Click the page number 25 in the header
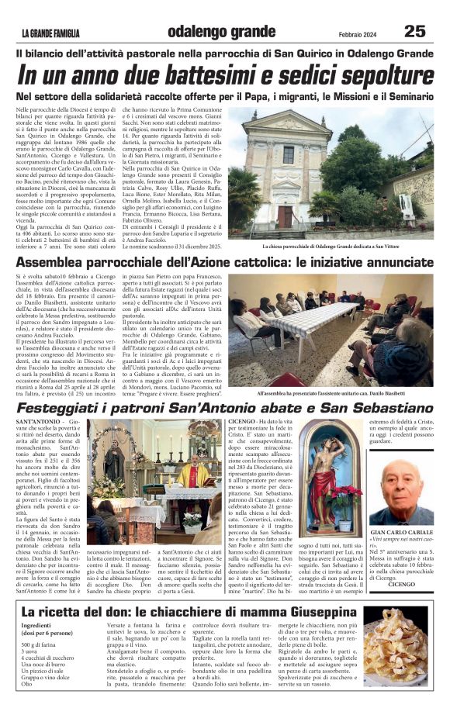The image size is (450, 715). (415, 31)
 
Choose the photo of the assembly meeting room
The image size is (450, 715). (331, 330)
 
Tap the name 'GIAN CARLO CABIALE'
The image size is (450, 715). (402, 533)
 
